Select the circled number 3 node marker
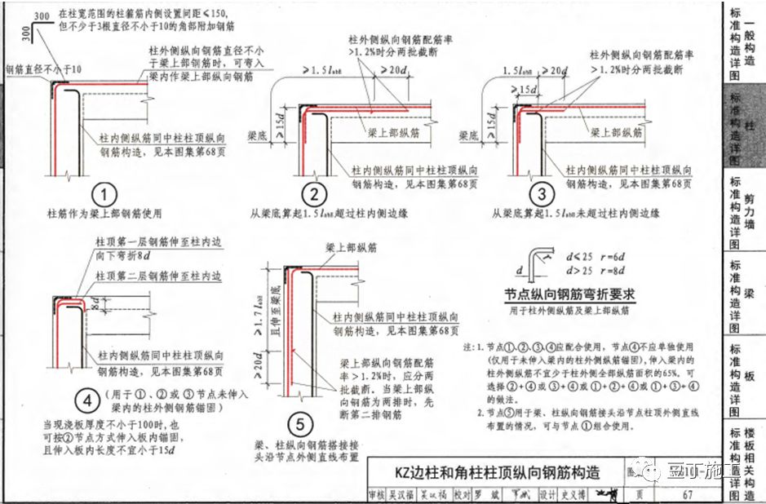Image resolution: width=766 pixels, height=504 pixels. tap(541, 195)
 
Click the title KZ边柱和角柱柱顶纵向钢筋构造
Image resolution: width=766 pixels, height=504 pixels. tap(496, 472)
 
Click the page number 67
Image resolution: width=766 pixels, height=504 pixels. tap(688, 494)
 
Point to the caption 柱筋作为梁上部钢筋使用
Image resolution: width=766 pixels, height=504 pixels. tap(104, 214)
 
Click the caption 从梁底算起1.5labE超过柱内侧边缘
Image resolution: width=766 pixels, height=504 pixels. tap(330, 214)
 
